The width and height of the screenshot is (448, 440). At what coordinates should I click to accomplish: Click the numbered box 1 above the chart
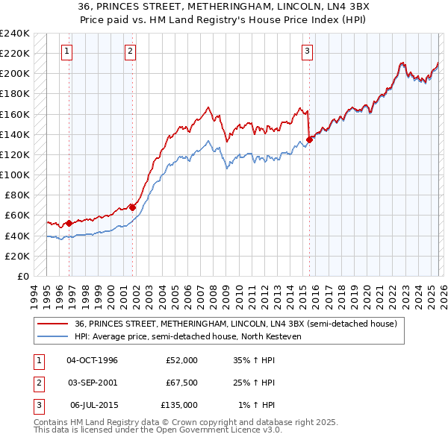click(67, 51)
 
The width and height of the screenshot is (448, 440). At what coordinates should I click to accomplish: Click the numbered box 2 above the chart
click(130, 51)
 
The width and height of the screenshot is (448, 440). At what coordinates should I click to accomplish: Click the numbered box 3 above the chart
click(307, 51)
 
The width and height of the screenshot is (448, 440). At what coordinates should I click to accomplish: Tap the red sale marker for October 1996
click(69, 223)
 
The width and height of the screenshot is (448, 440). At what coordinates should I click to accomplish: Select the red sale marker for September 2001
click(132, 207)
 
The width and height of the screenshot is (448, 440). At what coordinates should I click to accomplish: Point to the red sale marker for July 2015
click(309, 139)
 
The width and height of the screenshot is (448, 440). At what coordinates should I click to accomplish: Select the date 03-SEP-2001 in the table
click(92, 383)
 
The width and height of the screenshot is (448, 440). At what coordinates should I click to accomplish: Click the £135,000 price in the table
click(179, 405)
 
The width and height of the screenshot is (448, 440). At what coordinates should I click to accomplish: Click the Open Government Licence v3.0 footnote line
click(158, 430)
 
